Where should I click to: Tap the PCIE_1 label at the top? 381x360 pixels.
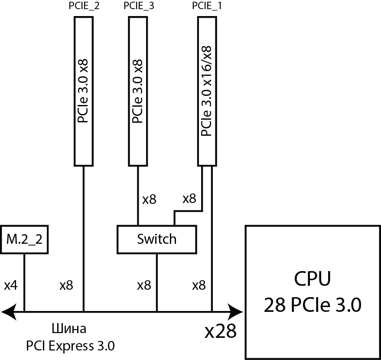pos(207,6)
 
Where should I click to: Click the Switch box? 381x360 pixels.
pos(156,239)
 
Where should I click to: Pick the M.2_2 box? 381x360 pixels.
pos(25,239)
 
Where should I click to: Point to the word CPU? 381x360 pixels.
pos(312,279)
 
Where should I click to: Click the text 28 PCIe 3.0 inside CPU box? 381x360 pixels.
pos(312,305)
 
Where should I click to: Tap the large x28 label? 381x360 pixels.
pos(221,332)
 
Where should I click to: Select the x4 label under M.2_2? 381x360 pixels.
pos(10,285)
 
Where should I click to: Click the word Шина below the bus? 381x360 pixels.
pos(69,329)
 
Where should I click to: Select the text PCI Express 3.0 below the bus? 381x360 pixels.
pos(70,346)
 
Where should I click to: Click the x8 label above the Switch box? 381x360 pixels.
pos(149,200)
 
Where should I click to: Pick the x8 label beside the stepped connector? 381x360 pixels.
pos(189,199)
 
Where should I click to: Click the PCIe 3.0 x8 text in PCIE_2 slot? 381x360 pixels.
pos(84,91)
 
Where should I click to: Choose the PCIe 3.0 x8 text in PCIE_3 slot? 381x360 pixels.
pos(138,91)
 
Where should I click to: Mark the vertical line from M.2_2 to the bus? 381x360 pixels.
pos(24,282)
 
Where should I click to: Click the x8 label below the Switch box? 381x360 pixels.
pos(144,285)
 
